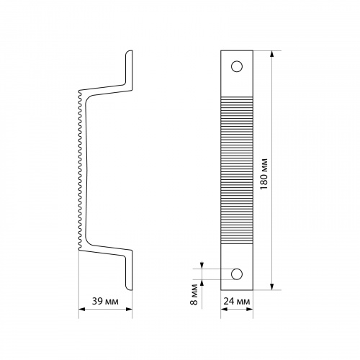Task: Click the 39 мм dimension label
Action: point(105,301)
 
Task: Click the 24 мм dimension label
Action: point(237,301)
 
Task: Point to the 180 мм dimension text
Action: point(264,174)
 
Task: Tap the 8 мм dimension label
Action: point(194,294)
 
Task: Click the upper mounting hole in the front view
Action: point(237,66)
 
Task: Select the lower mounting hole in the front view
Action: point(237,274)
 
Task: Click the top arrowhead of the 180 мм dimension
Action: point(271,54)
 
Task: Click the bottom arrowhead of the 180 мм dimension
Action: point(271,287)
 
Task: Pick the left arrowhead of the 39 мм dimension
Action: point(82,310)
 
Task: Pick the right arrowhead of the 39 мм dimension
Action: point(129,310)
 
